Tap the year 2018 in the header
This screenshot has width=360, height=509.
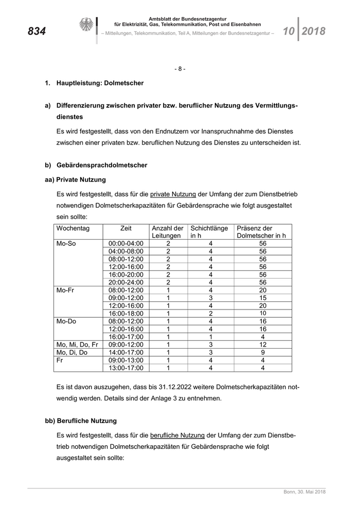[x=314, y=31]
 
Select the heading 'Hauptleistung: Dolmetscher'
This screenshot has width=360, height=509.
[x=100, y=82]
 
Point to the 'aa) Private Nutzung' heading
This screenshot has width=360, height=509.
[x=76, y=180]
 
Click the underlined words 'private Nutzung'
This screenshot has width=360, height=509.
[x=173, y=194]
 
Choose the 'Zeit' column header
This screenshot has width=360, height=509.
[x=125, y=228]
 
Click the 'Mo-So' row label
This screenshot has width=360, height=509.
[x=66, y=244]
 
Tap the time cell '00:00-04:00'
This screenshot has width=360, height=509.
[x=126, y=244]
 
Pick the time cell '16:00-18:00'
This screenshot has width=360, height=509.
[x=126, y=313]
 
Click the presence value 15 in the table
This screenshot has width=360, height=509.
[x=262, y=298]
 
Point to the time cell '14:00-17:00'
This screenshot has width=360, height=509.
[x=126, y=352]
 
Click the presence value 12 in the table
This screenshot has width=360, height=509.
[x=262, y=344]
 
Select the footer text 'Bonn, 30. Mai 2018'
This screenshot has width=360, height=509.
[x=304, y=493]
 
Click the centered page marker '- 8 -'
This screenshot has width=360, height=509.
[x=179, y=68]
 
